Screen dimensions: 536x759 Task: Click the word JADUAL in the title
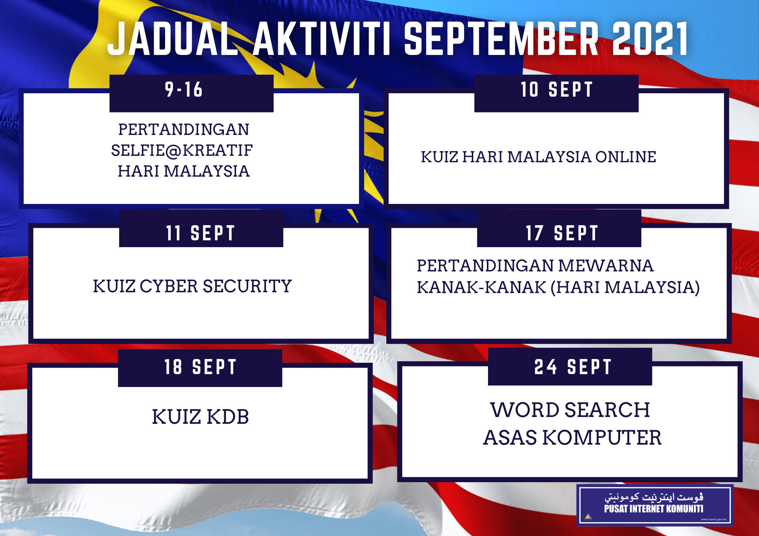(173, 39)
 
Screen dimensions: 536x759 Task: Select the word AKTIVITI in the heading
(322, 39)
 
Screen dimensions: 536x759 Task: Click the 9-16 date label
(184, 90)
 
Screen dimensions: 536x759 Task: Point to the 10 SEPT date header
(556, 90)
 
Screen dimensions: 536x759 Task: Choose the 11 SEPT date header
(201, 233)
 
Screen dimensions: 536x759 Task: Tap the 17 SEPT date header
(562, 233)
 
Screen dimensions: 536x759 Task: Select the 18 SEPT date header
(200, 367)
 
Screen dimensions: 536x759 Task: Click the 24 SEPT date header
(573, 367)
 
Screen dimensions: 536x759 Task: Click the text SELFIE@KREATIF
(182, 150)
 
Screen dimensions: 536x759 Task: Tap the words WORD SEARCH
(570, 410)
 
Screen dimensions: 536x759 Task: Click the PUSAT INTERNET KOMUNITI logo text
(653, 509)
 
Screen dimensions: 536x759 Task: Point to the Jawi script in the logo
(653, 497)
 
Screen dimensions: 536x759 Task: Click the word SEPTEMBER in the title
(501, 39)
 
